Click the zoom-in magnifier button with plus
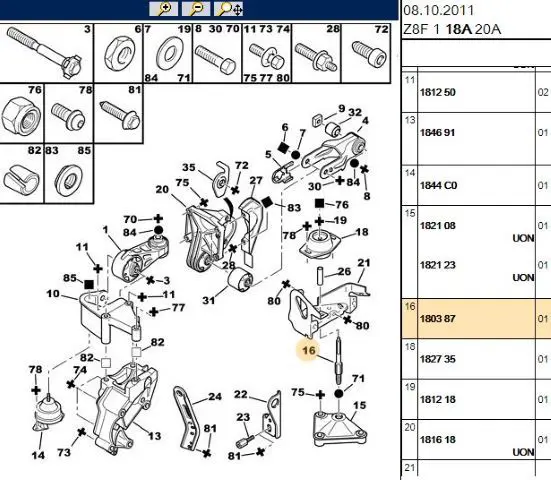click(163, 9)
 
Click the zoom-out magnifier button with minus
click(196, 9)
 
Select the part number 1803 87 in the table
click(437, 319)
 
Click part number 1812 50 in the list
click(437, 92)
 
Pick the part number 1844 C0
click(438, 185)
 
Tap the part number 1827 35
click(437, 359)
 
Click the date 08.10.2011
click(439, 11)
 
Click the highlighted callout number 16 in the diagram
click(309, 350)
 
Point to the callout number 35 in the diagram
click(189, 167)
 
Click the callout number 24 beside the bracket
click(215, 397)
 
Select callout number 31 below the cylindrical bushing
click(208, 300)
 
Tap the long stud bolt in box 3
click(44, 52)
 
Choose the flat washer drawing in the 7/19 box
click(170, 55)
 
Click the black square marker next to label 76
click(319, 203)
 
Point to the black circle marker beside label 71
click(338, 394)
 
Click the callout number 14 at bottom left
click(38, 455)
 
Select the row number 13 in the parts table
click(410, 120)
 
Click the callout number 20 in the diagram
click(162, 189)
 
